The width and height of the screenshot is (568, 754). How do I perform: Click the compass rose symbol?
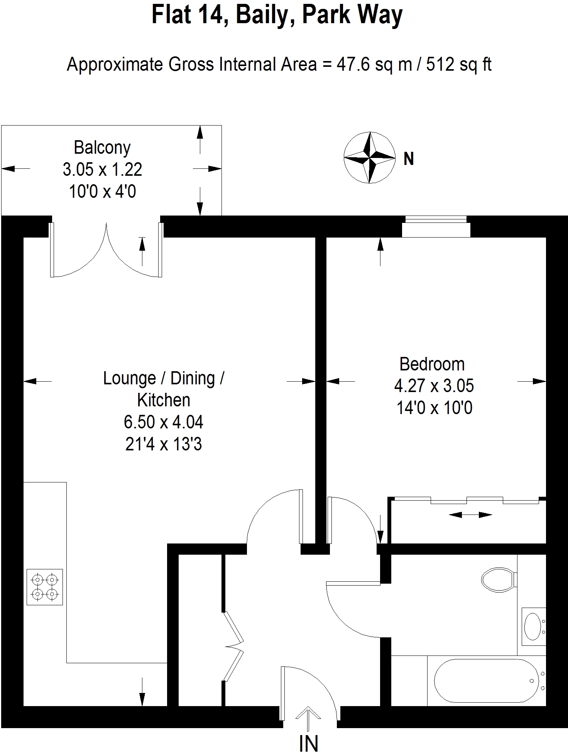tap(370, 158)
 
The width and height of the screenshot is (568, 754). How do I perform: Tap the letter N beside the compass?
tap(409, 159)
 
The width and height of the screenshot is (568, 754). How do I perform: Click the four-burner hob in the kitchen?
tap(45, 587)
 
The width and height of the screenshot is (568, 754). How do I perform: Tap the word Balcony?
tap(102, 148)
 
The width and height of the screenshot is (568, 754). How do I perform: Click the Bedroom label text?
tap(432, 364)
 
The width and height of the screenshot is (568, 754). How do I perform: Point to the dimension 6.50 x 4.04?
tap(163, 422)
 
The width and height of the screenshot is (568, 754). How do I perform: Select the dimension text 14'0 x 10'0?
tap(434, 408)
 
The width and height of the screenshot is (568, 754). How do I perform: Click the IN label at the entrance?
tap(309, 743)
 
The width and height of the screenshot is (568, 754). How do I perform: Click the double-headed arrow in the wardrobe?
tap(471, 515)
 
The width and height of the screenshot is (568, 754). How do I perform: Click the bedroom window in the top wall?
tap(436, 227)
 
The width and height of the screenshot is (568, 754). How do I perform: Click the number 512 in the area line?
tap(440, 64)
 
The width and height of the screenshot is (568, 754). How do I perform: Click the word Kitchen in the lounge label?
tap(164, 400)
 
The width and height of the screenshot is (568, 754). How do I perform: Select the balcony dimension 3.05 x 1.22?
tap(102, 169)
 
